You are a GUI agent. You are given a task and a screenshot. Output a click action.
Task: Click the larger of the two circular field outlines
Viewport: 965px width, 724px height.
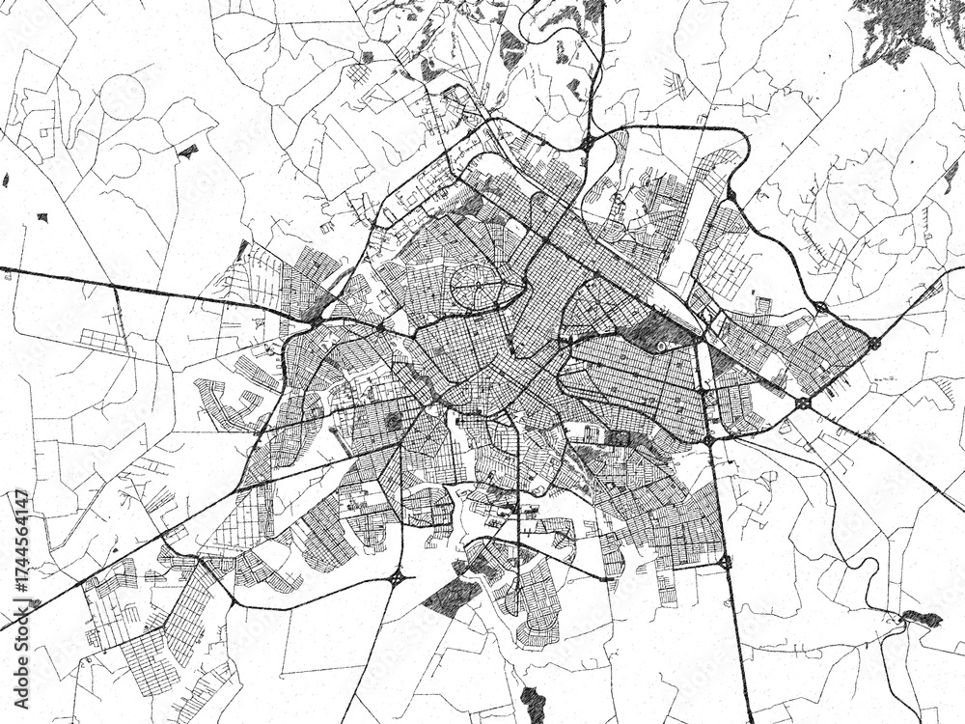123,97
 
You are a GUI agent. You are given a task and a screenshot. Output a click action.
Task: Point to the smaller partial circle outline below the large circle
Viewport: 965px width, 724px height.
118,160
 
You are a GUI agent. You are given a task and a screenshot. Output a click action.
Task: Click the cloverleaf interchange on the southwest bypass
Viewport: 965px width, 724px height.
397,578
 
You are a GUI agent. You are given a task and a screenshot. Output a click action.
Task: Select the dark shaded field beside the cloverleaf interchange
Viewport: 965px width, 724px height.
450,596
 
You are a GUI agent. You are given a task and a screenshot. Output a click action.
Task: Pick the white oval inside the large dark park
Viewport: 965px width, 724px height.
661,345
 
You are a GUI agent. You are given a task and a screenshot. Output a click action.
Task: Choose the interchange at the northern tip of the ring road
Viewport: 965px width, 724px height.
587,143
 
